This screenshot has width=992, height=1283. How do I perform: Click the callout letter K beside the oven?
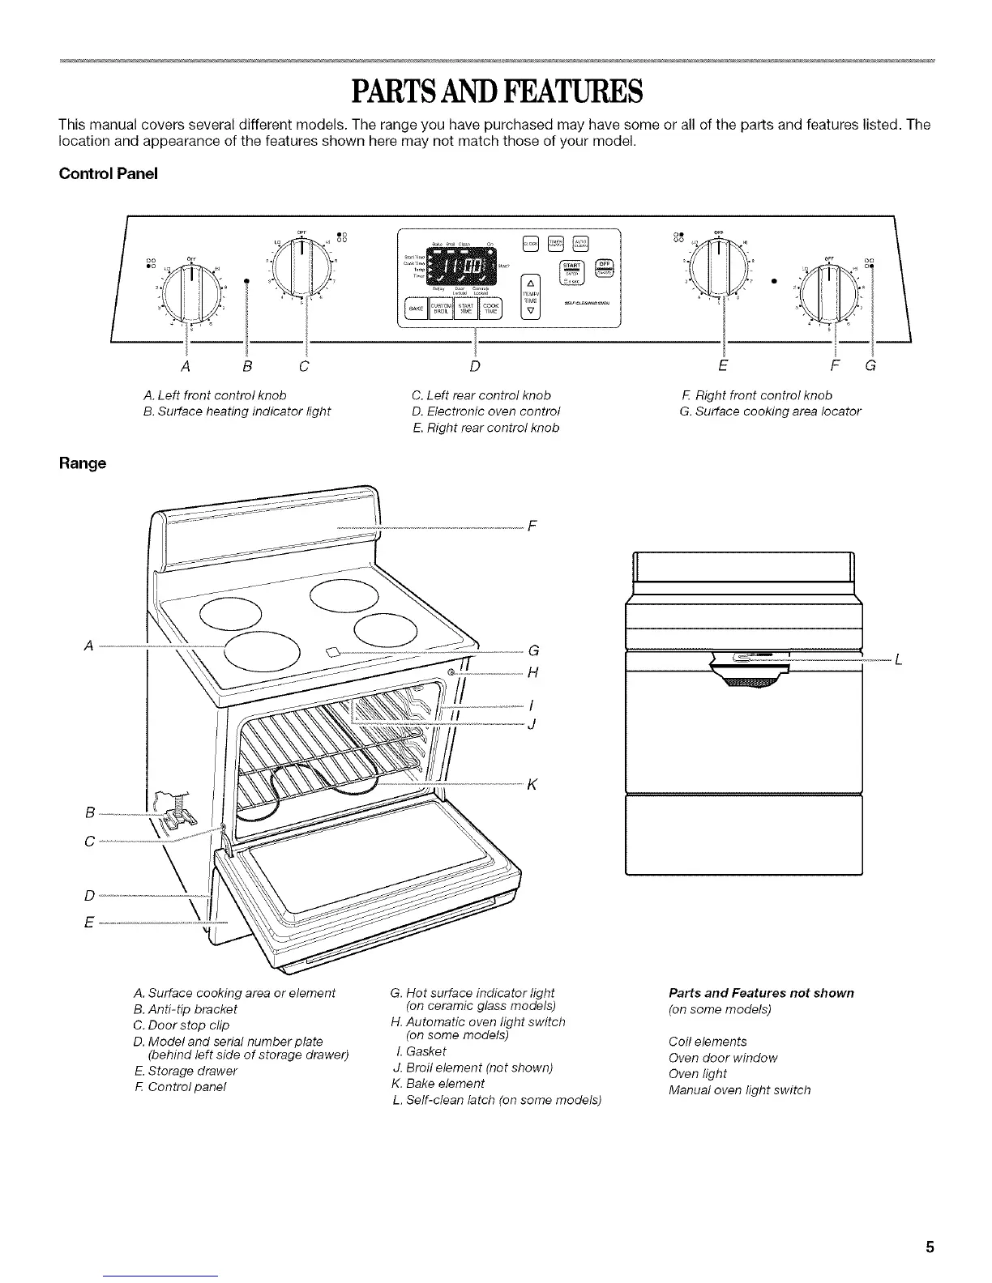(532, 784)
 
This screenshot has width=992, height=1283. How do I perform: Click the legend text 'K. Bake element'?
(438, 1084)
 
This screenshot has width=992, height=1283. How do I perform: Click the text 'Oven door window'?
(723, 1058)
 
